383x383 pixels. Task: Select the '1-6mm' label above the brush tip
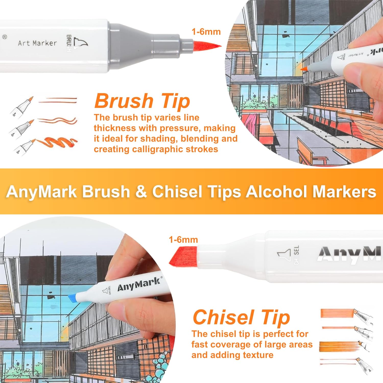click(x=206, y=32)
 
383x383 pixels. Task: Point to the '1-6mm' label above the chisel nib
click(x=183, y=240)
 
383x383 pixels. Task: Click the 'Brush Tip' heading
click(x=142, y=101)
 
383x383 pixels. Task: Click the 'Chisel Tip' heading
click(x=241, y=317)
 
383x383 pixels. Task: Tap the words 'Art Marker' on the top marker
click(x=37, y=43)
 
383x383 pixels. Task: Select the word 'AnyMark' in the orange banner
click(x=42, y=192)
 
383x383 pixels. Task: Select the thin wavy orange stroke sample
click(x=58, y=120)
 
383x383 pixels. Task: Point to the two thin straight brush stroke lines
click(x=58, y=100)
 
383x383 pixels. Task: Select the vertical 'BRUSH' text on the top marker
click(x=69, y=43)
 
